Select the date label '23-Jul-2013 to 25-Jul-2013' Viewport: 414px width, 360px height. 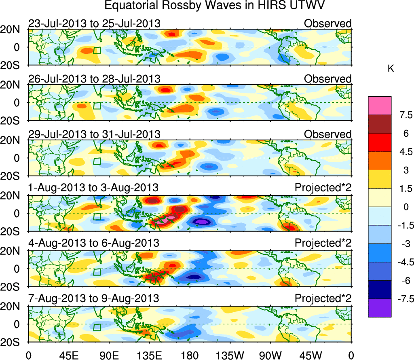[x=94, y=23]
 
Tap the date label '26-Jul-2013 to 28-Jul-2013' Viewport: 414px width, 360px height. [x=94, y=78]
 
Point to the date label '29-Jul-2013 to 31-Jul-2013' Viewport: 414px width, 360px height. [x=94, y=134]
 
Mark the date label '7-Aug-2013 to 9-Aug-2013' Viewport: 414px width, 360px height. [x=93, y=299]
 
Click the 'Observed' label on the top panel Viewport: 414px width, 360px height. [x=327, y=23]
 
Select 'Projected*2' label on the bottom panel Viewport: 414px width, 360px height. [x=323, y=299]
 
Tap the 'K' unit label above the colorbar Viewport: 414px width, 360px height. [x=391, y=69]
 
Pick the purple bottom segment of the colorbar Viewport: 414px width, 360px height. [x=380, y=308]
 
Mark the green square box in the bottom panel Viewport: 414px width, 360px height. [x=97, y=327]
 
